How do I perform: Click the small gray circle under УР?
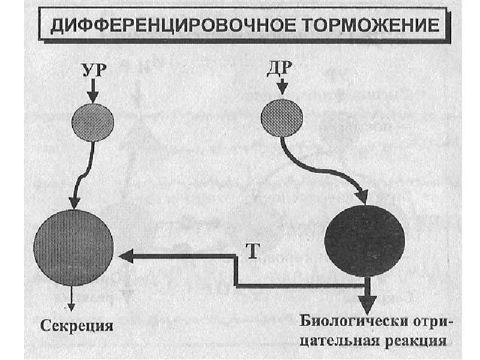click(x=92, y=122)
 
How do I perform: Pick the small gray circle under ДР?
click(x=281, y=116)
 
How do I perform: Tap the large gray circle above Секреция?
click(x=73, y=247)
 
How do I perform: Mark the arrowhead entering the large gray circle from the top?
click(x=74, y=201)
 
